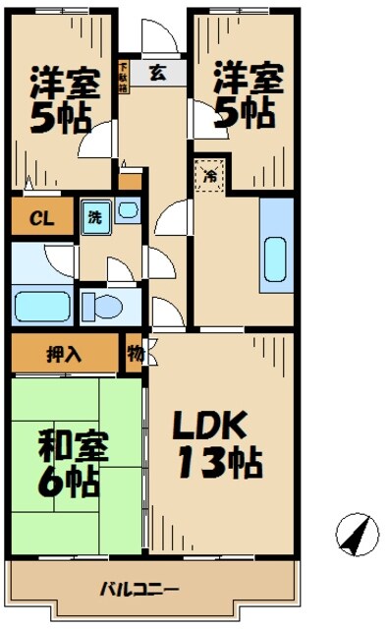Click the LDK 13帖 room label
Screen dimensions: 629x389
218,441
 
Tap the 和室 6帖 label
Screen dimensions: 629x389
67,464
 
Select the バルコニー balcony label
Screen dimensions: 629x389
138,590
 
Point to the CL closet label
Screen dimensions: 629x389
40,217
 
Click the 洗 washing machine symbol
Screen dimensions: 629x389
94,217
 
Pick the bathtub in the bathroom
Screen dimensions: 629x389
41,307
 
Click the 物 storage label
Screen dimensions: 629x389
134,353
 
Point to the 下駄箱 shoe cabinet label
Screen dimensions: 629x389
124,76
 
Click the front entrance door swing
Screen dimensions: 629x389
157,37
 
